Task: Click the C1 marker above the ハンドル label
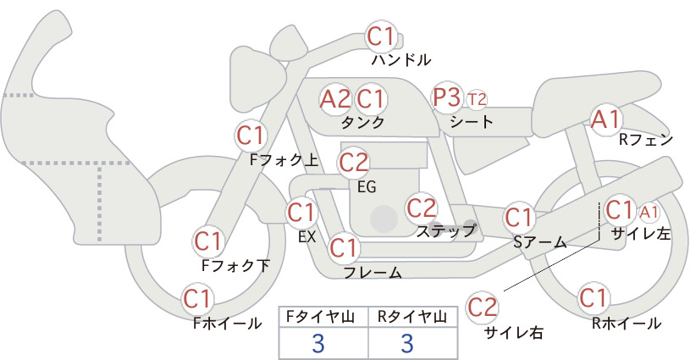click(x=381, y=36)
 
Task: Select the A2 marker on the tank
click(x=335, y=99)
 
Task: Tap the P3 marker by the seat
click(x=447, y=97)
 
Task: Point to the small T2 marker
click(x=477, y=100)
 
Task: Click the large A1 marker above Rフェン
click(x=606, y=119)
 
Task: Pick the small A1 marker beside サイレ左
click(x=649, y=213)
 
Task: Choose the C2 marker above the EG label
click(x=354, y=163)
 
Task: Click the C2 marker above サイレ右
click(x=482, y=307)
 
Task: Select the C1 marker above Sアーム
click(x=519, y=218)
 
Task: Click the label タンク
click(x=362, y=123)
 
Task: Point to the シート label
click(x=472, y=121)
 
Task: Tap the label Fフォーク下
click(x=235, y=265)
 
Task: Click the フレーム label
click(x=373, y=272)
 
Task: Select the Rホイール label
click(x=627, y=324)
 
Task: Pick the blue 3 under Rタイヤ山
click(x=407, y=343)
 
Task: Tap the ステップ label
click(x=446, y=231)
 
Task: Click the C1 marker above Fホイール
click(x=197, y=300)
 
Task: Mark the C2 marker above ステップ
click(x=423, y=208)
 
